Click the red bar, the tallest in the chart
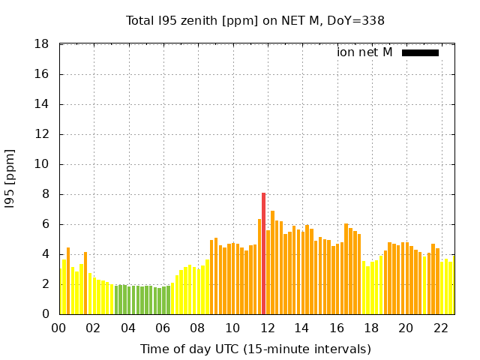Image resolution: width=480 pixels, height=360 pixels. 263,253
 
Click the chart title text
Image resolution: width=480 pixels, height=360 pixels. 255,20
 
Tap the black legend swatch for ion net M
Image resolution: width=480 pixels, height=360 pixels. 420,52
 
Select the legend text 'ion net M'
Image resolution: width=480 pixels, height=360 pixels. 364,52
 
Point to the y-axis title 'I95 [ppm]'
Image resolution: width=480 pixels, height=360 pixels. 10,178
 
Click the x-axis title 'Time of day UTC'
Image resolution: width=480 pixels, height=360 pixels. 255,349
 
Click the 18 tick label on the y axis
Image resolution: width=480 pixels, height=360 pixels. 43,44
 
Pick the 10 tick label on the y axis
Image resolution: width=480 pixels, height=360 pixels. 43,164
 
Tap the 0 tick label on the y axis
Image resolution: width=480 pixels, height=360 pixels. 46,314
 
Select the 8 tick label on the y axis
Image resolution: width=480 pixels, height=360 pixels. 46,194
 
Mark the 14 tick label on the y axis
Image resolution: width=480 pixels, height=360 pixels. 43,104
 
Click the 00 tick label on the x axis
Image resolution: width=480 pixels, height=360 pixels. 58,328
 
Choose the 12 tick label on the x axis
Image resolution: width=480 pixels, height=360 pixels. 267,328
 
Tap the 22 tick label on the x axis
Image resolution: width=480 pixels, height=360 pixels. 440,328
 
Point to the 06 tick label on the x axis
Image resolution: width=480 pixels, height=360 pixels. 163,328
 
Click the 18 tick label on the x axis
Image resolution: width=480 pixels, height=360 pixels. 371,328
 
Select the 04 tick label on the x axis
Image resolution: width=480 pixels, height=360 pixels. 128,328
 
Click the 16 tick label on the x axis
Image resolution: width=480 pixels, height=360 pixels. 337,328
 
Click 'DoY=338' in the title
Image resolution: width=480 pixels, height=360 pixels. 359,20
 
